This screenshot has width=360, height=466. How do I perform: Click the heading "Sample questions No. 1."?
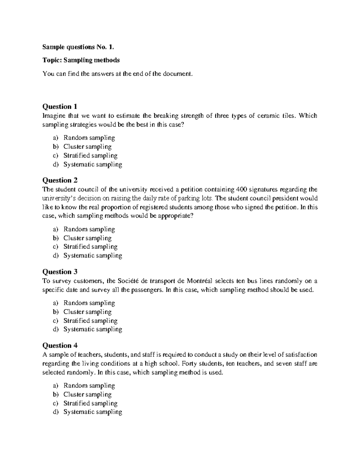[x=78, y=47]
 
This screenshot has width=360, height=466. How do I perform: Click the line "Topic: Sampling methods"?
[x=81, y=60]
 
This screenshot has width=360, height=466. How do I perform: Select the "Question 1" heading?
[x=60, y=107]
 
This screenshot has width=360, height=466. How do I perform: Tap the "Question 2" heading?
[x=60, y=180]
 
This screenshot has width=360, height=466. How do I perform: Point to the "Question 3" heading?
[x=60, y=272]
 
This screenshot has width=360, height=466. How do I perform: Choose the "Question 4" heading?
[x=60, y=345]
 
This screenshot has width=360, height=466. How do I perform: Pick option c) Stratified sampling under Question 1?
[x=90, y=155]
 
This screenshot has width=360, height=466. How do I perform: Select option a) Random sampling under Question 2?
[x=89, y=229]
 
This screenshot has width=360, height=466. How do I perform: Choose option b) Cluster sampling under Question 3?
[x=87, y=312]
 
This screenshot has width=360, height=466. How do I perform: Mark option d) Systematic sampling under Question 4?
[x=93, y=412]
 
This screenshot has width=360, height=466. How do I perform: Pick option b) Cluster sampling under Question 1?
[x=87, y=147]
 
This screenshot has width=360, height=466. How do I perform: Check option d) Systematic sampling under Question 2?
[x=93, y=256]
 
